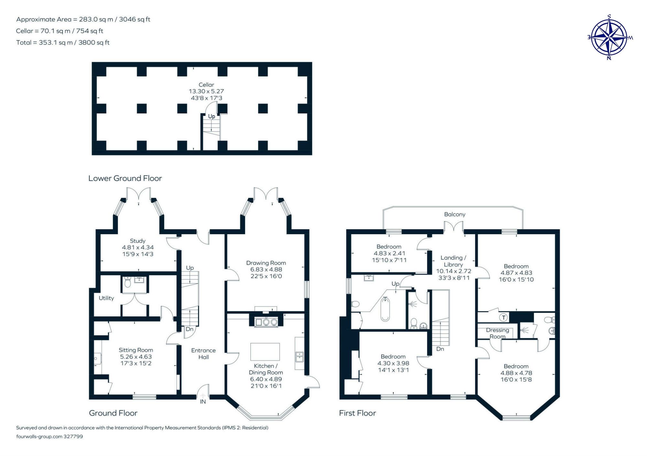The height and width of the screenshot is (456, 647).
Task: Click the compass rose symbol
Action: [x=609, y=37]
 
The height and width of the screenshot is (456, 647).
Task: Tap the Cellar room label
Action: [x=206, y=85]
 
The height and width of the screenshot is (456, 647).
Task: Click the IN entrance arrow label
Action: [x=203, y=401]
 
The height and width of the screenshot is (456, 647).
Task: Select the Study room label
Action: [x=137, y=241]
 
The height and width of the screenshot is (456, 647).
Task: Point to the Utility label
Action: [x=106, y=298]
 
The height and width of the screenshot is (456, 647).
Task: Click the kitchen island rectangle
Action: [x=265, y=351]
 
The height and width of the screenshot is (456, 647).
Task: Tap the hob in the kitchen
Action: [x=266, y=322]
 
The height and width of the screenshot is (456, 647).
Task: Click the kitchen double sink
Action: [x=299, y=357]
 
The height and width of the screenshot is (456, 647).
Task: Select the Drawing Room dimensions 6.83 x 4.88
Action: [x=266, y=269]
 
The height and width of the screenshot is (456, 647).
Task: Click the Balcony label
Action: [x=455, y=214]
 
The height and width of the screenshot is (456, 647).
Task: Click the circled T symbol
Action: [x=503, y=317]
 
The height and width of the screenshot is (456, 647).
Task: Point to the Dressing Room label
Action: [x=497, y=333]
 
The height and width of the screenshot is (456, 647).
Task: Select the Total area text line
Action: [x=63, y=42]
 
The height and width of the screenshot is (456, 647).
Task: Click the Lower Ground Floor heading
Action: [x=125, y=178]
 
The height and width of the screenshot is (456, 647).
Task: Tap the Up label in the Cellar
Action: [x=211, y=116]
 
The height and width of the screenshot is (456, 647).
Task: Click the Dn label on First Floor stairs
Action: [x=440, y=349]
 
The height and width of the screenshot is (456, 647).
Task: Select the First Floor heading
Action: [x=357, y=413]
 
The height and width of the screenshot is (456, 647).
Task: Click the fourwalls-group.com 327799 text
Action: [x=49, y=436]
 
